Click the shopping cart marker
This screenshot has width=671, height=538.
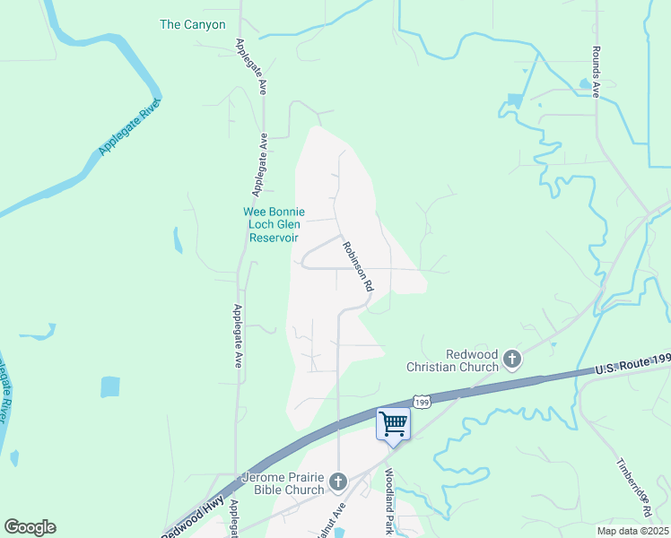coord(393,423)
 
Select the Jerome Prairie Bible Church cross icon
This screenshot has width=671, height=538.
coord(338,482)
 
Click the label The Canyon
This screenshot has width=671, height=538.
coord(193,25)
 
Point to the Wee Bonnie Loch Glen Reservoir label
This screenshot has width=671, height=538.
coord(274,225)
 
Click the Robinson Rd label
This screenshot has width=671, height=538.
coord(356,265)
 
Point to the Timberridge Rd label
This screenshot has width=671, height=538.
coord(633,489)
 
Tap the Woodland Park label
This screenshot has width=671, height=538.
coord(389,502)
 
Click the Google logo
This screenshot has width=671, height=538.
coord(30,527)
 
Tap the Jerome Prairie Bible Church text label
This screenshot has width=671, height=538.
coord(283,483)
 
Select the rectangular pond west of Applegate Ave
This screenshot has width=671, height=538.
coord(110,386)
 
